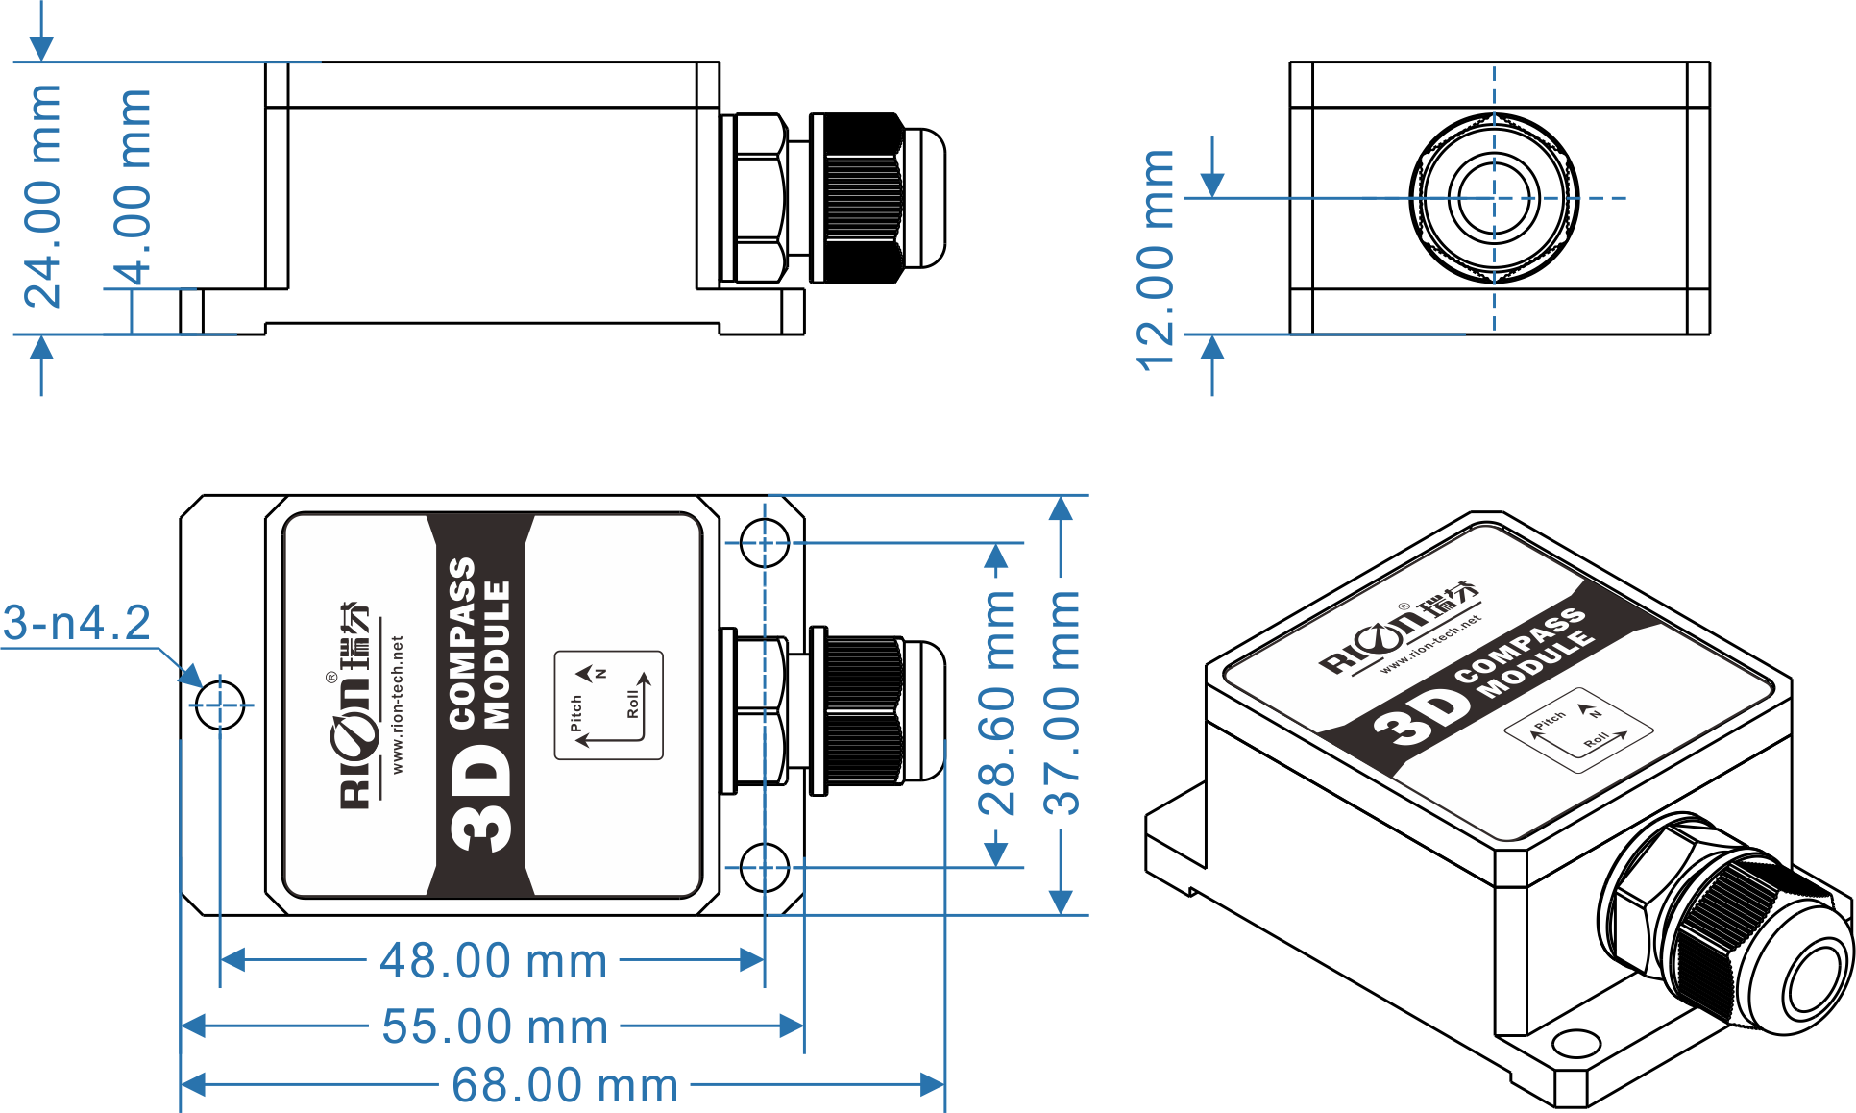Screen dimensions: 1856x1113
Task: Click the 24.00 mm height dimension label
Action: (42, 196)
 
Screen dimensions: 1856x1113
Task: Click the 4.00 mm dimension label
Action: (133, 187)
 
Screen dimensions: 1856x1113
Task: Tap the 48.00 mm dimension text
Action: (494, 960)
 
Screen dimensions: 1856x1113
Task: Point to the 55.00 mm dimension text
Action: (496, 1026)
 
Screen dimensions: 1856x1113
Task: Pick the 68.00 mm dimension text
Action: (565, 1084)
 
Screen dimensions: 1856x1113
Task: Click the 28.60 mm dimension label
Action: (997, 704)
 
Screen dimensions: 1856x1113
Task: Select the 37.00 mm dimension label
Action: (1062, 704)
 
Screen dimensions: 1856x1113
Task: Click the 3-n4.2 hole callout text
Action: (77, 623)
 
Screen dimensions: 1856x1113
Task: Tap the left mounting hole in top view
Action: (220, 705)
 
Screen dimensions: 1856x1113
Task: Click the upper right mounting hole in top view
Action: (765, 543)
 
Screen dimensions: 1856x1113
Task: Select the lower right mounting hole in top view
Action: (765, 867)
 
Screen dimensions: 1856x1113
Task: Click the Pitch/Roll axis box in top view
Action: (609, 705)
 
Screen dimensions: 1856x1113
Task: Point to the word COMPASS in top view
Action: (462, 642)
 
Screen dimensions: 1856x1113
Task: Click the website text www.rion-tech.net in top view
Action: (397, 705)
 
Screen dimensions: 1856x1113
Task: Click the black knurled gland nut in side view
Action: (856, 198)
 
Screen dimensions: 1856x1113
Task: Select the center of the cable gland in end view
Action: (1494, 198)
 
